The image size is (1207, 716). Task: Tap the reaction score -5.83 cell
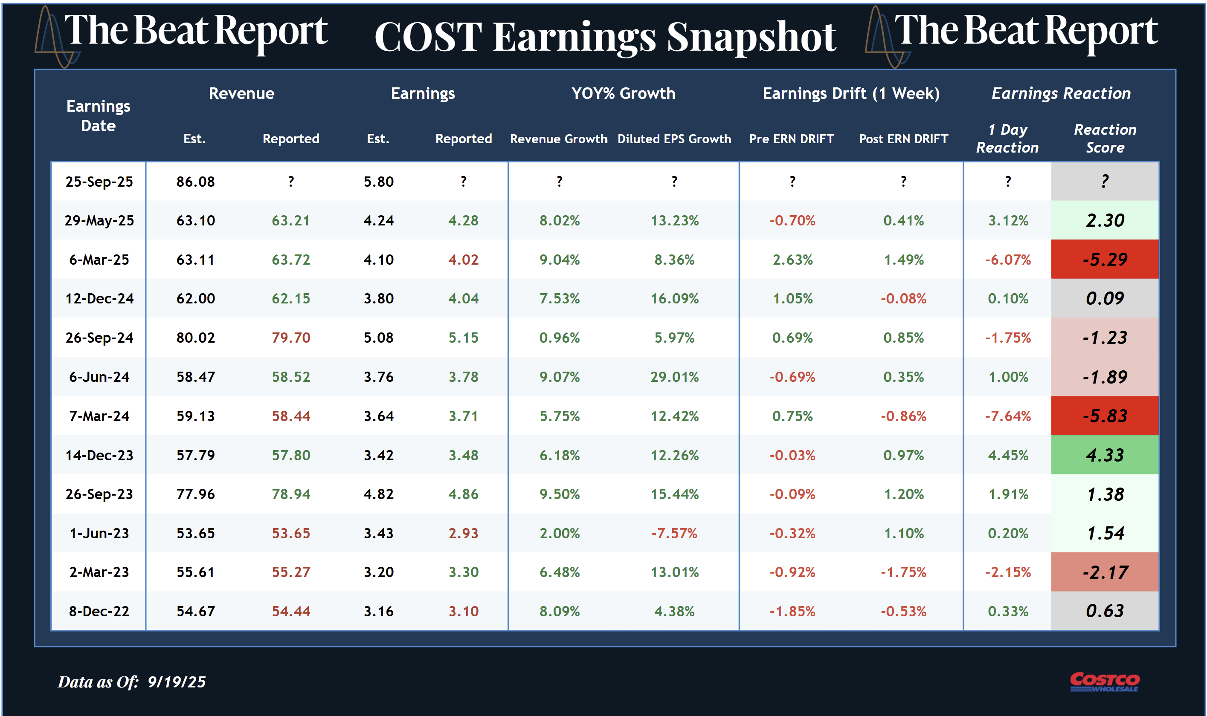(1105, 416)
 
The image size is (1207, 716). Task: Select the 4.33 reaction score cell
(1105, 455)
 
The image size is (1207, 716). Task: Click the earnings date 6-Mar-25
(99, 260)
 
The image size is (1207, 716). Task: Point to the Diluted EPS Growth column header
(674, 139)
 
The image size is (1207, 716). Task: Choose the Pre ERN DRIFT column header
(791, 139)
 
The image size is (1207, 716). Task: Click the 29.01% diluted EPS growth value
(674, 377)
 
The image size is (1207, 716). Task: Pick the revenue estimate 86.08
(195, 182)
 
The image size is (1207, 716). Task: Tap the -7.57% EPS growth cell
(674, 533)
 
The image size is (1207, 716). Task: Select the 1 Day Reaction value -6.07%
(1007, 260)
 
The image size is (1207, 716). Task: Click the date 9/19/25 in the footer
(176, 682)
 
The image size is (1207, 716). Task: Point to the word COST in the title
(428, 38)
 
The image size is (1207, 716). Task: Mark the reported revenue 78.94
(290, 494)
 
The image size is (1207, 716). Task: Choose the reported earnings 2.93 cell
(463, 533)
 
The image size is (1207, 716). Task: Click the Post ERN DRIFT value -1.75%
(903, 572)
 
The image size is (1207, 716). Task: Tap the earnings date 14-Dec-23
(99, 455)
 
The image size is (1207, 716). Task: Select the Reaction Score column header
(1105, 139)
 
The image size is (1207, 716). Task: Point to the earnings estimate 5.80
(378, 182)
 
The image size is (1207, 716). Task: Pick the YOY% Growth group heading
(623, 93)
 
